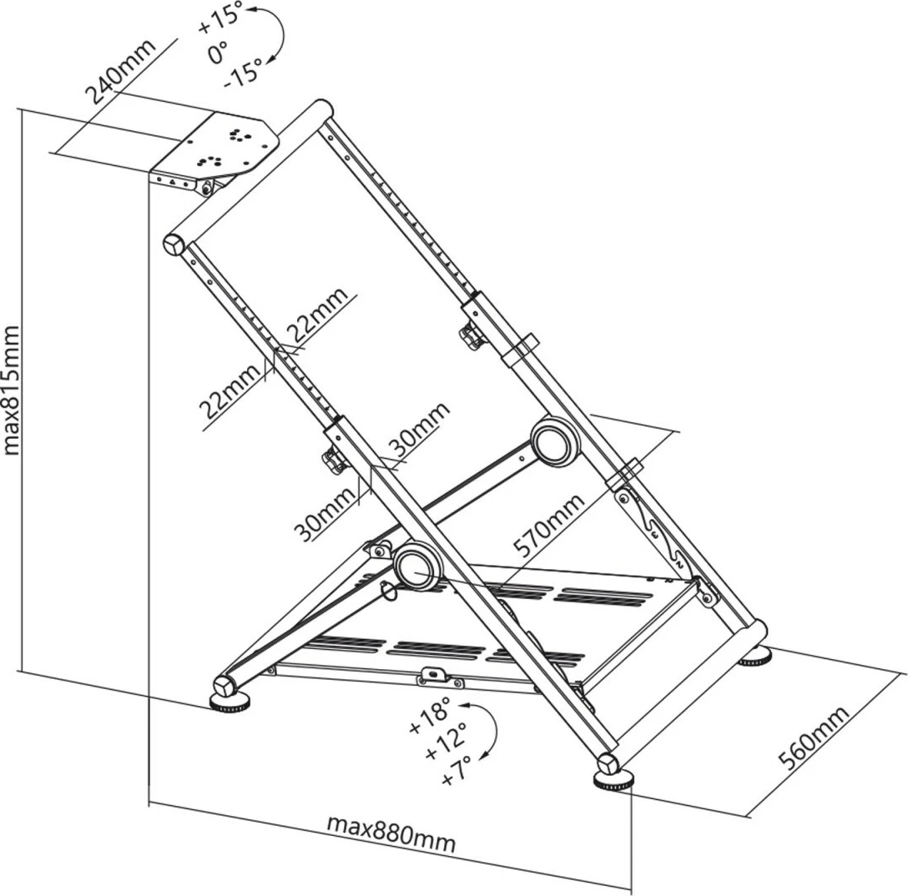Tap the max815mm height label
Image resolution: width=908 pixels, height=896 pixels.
(12, 390)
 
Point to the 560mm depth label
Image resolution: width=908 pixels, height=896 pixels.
(813, 737)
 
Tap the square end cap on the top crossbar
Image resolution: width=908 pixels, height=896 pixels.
(174, 244)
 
